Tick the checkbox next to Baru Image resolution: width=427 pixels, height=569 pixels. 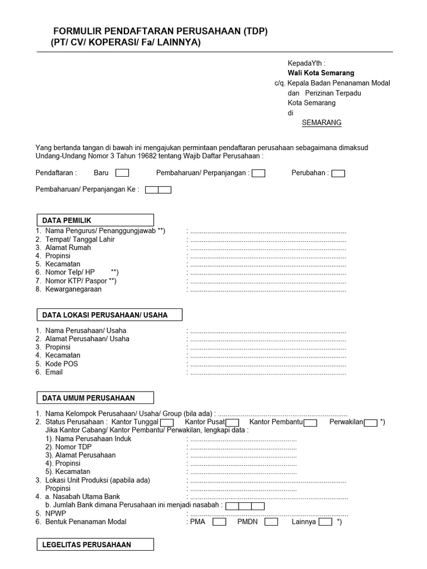point(122,173)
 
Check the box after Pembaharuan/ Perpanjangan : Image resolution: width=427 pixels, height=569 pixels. point(258,173)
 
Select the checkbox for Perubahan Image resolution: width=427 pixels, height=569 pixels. point(338,173)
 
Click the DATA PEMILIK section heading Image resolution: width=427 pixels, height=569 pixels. point(95,220)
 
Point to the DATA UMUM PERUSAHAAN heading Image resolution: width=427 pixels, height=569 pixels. point(95,398)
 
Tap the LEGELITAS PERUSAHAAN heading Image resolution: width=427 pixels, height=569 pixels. point(95,545)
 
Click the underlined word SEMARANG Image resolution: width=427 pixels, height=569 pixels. point(321,123)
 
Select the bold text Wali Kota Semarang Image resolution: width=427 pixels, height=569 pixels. point(321,73)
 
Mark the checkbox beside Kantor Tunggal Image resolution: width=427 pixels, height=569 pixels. point(167,422)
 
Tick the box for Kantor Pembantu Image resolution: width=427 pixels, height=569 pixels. point(310,422)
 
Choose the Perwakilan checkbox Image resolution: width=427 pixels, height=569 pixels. point(371,422)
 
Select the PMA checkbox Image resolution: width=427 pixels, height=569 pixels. point(220,522)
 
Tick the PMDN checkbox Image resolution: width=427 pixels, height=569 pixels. point(271,522)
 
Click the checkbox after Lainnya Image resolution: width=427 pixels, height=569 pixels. point(326,522)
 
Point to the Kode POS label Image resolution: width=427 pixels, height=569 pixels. point(62,364)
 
